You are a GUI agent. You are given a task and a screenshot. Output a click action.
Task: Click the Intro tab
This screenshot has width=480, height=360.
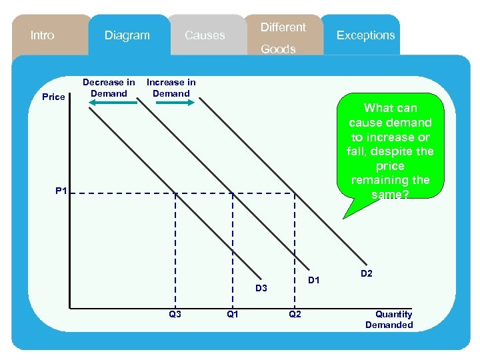pyautogui.click(x=43, y=35)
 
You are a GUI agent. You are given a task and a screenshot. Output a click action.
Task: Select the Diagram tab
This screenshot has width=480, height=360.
pyautogui.click(x=127, y=35)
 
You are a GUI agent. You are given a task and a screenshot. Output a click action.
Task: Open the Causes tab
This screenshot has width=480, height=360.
pyautogui.click(x=205, y=35)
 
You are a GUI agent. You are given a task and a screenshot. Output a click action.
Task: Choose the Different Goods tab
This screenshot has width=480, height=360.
pyautogui.click(x=283, y=37)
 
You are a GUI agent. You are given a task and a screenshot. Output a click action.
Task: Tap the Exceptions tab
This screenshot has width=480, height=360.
pyautogui.click(x=365, y=35)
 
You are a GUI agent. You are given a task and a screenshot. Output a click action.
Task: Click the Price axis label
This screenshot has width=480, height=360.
pyautogui.click(x=53, y=97)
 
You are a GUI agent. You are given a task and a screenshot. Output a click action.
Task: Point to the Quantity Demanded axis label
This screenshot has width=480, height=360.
pyautogui.click(x=389, y=320)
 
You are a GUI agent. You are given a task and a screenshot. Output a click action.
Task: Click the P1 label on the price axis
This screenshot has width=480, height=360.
pyautogui.click(x=61, y=191)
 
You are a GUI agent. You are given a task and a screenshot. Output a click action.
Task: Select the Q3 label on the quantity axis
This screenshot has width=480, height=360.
pyautogui.click(x=175, y=314)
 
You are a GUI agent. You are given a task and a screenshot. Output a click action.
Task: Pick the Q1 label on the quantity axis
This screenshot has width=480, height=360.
pyautogui.click(x=233, y=314)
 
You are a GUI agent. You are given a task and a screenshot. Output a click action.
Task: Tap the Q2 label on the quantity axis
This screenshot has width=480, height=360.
pyautogui.click(x=294, y=314)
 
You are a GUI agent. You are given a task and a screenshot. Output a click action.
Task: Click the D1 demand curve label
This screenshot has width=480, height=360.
pyautogui.click(x=314, y=280)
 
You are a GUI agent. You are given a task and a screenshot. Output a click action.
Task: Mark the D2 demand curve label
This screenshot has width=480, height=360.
pyautogui.click(x=367, y=273)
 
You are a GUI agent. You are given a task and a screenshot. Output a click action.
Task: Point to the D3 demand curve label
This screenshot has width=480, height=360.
pyautogui.click(x=261, y=288)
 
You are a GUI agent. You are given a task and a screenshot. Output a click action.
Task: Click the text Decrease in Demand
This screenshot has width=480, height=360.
pyautogui.click(x=109, y=88)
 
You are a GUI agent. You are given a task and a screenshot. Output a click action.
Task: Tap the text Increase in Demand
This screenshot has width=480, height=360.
pyautogui.click(x=171, y=88)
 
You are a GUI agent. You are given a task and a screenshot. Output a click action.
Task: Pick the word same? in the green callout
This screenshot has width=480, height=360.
pyautogui.click(x=390, y=195)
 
